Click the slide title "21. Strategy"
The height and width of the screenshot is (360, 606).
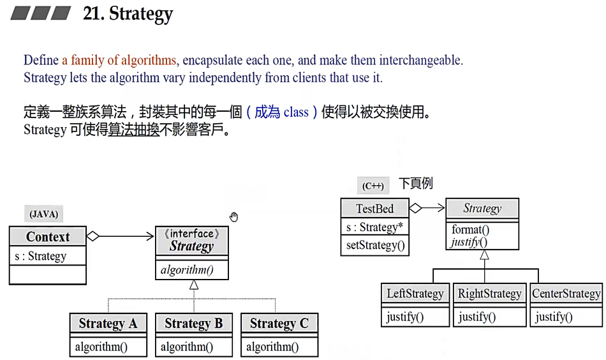coord(128,14)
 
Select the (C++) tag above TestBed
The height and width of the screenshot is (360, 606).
coord(373,186)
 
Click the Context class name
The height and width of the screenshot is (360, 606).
coord(48,237)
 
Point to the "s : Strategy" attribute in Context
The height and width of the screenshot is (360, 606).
coord(40,257)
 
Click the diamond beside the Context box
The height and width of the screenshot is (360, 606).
coord(93,236)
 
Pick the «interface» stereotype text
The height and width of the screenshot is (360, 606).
coord(192,234)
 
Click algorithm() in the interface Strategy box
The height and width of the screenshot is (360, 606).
coord(187,270)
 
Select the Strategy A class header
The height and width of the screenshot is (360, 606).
coord(108,324)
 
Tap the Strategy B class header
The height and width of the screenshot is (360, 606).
coord(193,324)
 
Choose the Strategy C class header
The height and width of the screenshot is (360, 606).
coord(279,324)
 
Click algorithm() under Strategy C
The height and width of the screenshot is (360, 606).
coord(272,347)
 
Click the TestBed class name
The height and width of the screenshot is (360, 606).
coord(374,209)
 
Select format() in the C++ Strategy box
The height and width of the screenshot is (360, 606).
coord(470,230)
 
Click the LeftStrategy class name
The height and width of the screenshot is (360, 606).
coord(415,294)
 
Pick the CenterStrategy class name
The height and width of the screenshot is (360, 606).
coord(566,294)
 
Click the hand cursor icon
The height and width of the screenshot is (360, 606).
coord(234,217)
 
